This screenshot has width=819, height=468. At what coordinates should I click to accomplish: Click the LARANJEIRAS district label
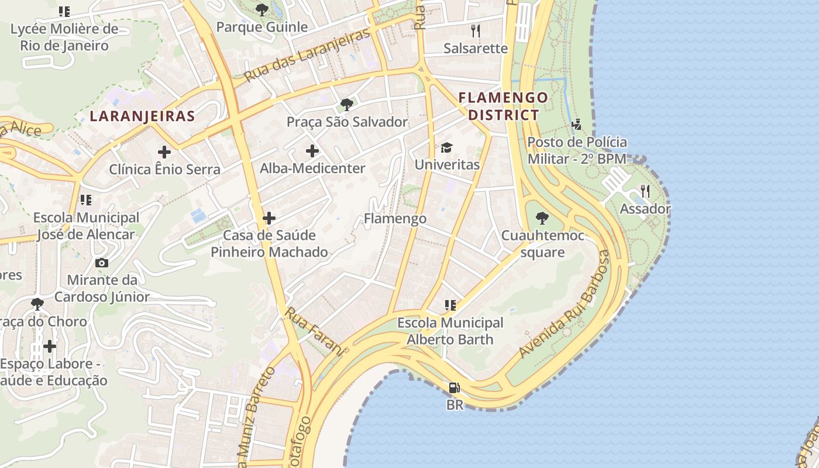(x=142, y=116)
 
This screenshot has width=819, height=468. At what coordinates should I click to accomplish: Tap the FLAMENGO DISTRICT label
(x=503, y=106)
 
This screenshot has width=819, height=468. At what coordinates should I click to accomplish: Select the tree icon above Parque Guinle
(x=262, y=9)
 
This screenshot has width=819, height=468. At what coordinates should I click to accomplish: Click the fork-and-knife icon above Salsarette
(x=476, y=30)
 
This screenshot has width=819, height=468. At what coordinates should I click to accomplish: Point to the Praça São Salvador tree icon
(x=346, y=105)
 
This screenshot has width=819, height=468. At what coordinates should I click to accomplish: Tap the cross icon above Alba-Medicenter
(x=312, y=151)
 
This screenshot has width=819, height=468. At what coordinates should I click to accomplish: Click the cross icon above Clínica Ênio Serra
(x=164, y=152)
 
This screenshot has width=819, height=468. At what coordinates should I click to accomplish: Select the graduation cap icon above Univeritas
(x=447, y=147)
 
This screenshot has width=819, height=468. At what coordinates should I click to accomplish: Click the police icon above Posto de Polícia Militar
(x=577, y=124)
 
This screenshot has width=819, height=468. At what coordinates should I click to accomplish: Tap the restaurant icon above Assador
(x=645, y=191)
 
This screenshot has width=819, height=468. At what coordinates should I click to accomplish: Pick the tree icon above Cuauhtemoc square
(x=542, y=218)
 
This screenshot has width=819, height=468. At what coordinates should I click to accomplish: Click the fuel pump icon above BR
(x=455, y=387)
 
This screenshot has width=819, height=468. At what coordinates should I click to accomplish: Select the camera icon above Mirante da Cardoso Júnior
(x=102, y=263)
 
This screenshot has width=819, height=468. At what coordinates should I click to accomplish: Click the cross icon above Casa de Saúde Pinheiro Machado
(x=269, y=218)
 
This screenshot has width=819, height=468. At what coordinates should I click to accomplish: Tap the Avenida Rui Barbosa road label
(x=565, y=304)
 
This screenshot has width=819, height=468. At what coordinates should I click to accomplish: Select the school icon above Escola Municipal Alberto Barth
(x=450, y=305)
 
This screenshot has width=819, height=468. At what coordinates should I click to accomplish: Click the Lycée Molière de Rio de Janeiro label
(x=64, y=37)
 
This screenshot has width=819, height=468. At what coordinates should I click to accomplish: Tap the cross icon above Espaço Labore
(x=50, y=346)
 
